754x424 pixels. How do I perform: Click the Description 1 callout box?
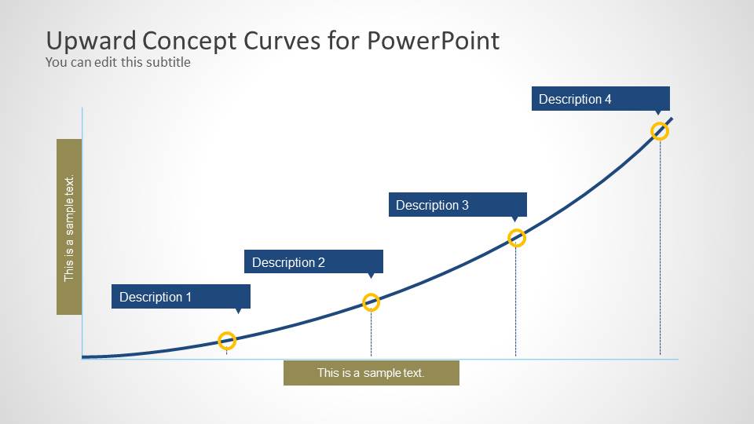point(181,297)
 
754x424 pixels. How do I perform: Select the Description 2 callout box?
point(313,262)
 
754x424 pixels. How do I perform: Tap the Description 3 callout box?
point(457,205)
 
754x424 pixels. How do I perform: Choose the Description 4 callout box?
point(600,99)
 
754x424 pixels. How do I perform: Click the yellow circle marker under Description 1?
point(227,341)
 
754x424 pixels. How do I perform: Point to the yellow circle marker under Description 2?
point(372,302)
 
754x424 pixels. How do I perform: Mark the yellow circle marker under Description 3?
point(516,238)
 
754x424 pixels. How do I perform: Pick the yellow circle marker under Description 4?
point(660,131)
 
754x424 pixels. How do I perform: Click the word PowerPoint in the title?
point(433,41)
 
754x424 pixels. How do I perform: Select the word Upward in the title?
point(90,41)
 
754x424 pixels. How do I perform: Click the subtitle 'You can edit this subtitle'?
point(118,62)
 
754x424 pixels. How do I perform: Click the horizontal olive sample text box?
point(371,373)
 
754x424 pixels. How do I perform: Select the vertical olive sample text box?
point(69,227)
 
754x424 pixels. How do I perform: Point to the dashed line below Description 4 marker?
point(660,251)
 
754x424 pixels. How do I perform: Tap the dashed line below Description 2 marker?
point(372,334)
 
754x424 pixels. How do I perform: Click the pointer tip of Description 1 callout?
point(239,312)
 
